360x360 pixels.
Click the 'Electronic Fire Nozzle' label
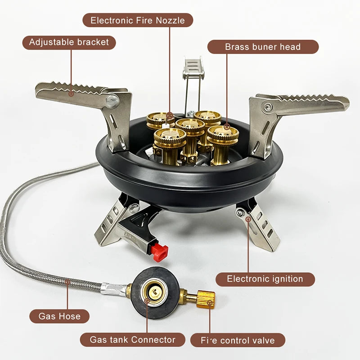(138, 20)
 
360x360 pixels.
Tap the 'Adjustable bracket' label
(69, 42)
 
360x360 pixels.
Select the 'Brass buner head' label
(263, 47)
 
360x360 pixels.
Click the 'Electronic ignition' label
(265, 279)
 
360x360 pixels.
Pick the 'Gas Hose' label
(59, 316)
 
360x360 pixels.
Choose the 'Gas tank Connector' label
(133, 339)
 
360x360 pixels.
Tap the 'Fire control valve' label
(238, 340)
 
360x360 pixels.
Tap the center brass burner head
(190, 128)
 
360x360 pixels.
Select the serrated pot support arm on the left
(72, 92)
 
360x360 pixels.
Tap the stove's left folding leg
(112, 223)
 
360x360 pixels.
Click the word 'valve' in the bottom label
(263, 340)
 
